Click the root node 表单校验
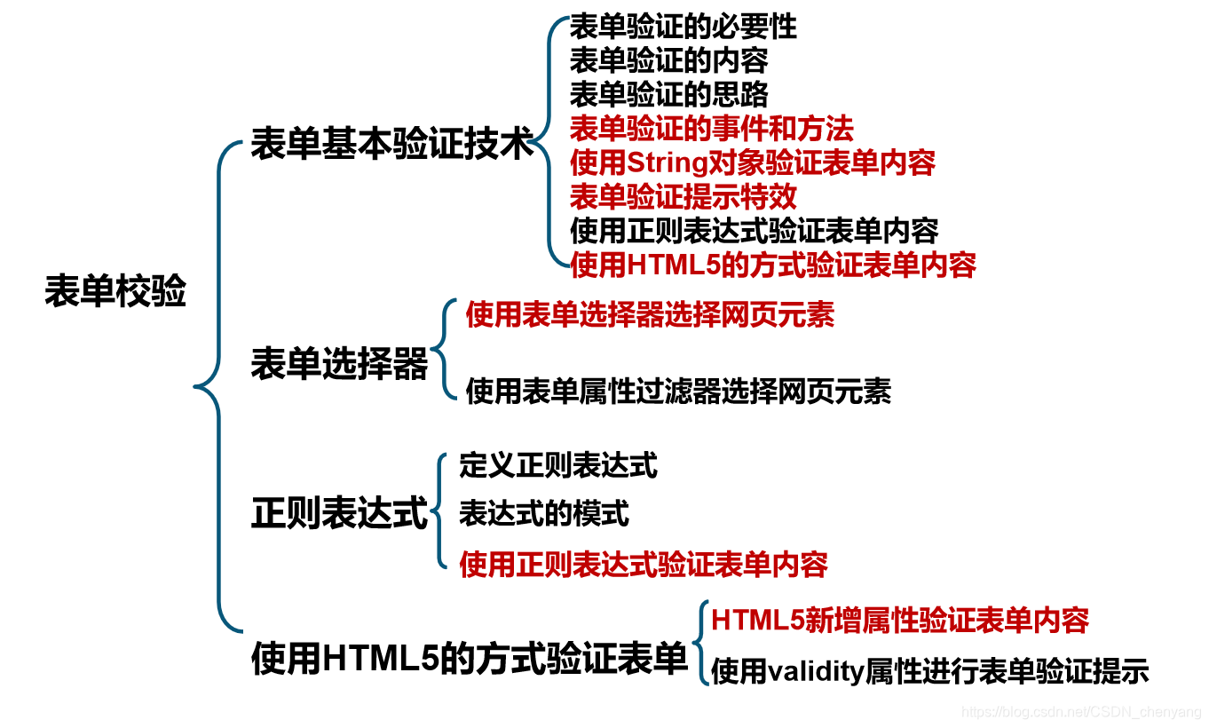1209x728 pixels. (x=115, y=291)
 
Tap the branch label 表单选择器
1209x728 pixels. (x=339, y=364)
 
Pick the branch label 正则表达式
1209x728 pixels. (x=339, y=513)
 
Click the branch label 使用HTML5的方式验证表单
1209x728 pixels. (x=470, y=659)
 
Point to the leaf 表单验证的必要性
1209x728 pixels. (x=683, y=28)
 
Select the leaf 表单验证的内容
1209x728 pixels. (x=668, y=61)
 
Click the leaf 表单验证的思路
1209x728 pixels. (x=668, y=95)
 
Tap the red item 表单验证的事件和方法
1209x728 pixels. (x=711, y=130)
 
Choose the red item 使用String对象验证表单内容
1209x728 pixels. (x=753, y=163)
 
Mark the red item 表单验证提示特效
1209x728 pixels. (x=683, y=197)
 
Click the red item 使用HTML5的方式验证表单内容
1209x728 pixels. (x=772, y=265)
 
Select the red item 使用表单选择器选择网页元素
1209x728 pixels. (x=650, y=315)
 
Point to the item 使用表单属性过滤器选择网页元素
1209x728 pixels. (x=678, y=391)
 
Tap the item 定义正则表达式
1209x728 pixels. (x=558, y=465)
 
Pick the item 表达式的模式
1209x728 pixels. (x=544, y=513)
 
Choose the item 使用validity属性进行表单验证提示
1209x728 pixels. (x=929, y=672)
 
